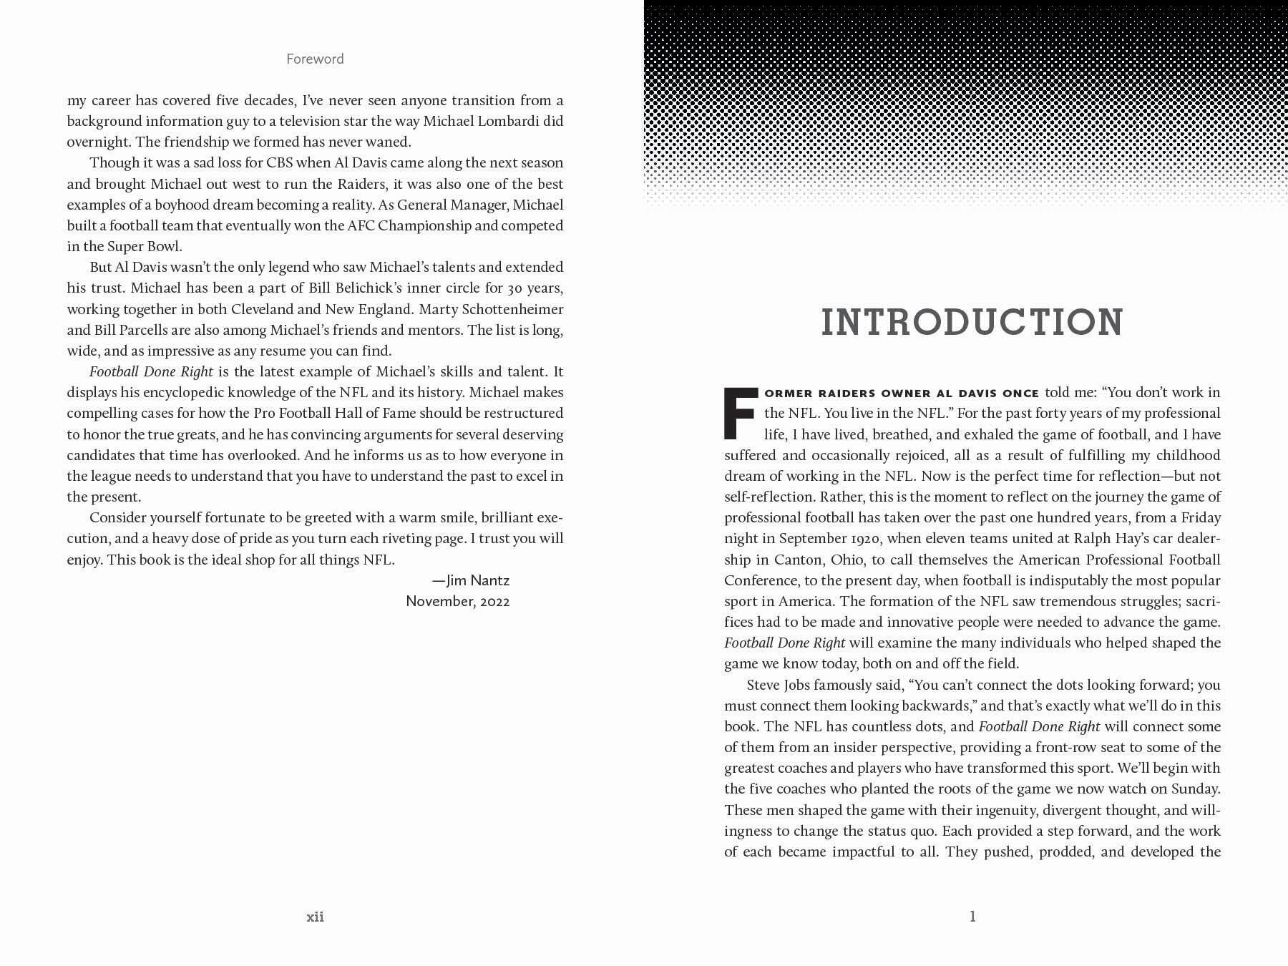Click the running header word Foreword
click(x=315, y=59)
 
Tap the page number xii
click(x=315, y=917)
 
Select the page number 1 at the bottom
click(x=972, y=917)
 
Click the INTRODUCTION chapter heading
click(x=972, y=322)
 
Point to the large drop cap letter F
click(x=741, y=414)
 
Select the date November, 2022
click(x=458, y=601)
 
